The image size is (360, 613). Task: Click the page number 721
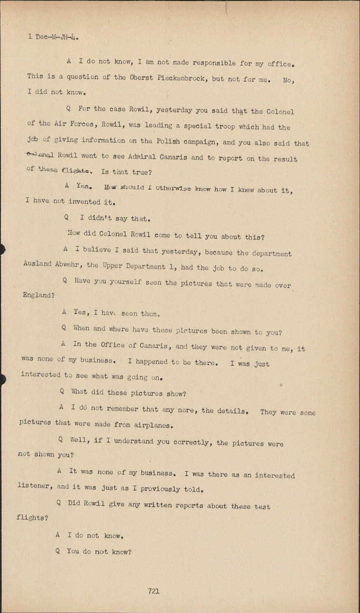click(x=154, y=591)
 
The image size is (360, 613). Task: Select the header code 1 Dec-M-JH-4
click(x=53, y=37)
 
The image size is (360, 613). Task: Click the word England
click(x=37, y=295)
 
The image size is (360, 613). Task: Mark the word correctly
click(x=192, y=442)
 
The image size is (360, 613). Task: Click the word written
click(x=157, y=505)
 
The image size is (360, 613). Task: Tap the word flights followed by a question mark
click(x=31, y=518)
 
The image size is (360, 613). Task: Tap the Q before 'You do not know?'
click(x=58, y=551)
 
